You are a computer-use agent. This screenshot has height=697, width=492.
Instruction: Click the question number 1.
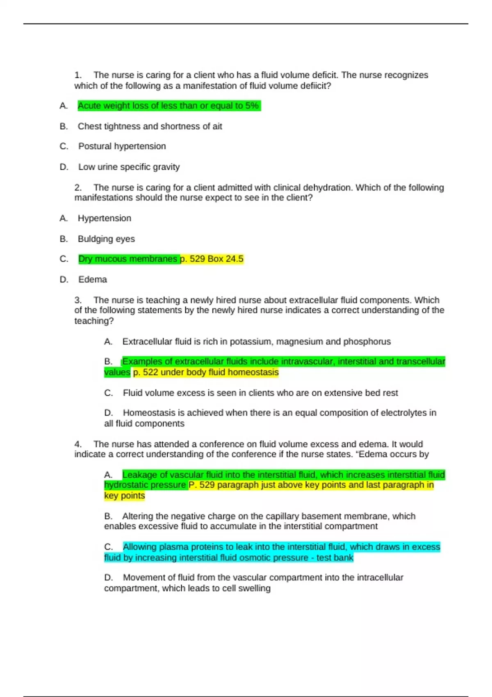[77, 75]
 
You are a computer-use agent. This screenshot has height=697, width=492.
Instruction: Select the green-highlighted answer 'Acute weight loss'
[169, 106]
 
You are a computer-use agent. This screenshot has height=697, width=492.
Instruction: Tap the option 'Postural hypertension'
[122, 146]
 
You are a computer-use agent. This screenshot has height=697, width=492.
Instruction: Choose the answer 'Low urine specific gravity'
[129, 167]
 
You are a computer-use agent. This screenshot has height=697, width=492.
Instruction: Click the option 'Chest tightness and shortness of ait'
[150, 126]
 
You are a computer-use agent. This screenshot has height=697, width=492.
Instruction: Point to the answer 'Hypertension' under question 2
[104, 218]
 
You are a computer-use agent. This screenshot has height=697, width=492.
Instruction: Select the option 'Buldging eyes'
[106, 239]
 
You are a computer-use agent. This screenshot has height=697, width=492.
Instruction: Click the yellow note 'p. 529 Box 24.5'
[212, 259]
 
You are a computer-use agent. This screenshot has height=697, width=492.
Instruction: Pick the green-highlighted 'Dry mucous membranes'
[128, 259]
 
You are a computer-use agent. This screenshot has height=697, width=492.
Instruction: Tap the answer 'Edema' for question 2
[93, 280]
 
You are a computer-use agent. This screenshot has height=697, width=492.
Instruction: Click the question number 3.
[78, 300]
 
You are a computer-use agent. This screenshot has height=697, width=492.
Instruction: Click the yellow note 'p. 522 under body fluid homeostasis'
[206, 372]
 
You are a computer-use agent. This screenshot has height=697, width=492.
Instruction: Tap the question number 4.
[78, 444]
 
